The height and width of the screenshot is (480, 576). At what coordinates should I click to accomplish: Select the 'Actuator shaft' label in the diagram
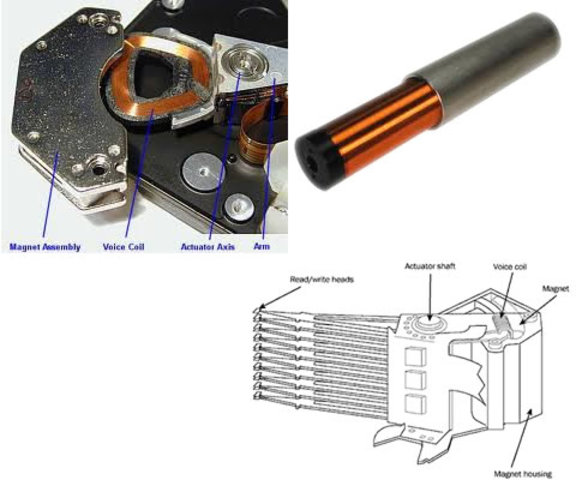tap(431, 267)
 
